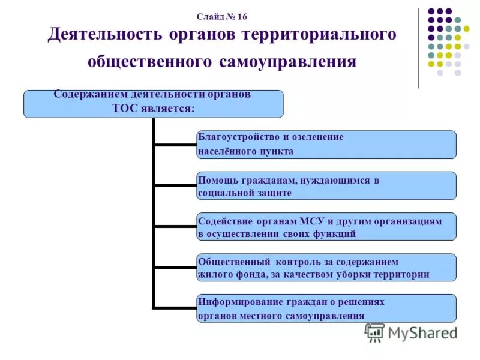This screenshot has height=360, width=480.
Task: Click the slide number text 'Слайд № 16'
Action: point(221,17)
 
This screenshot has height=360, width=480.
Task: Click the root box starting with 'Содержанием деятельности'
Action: point(153,103)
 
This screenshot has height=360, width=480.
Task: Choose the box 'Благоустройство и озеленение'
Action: point(326,144)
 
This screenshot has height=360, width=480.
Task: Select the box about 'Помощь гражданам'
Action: point(326,185)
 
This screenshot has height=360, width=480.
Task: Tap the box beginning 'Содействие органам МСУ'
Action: point(326,227)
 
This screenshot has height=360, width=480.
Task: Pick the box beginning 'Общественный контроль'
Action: point(326,268)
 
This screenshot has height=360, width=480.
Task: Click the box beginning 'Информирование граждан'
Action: point(326,308)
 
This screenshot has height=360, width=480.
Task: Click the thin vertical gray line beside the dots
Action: point(418,48)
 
